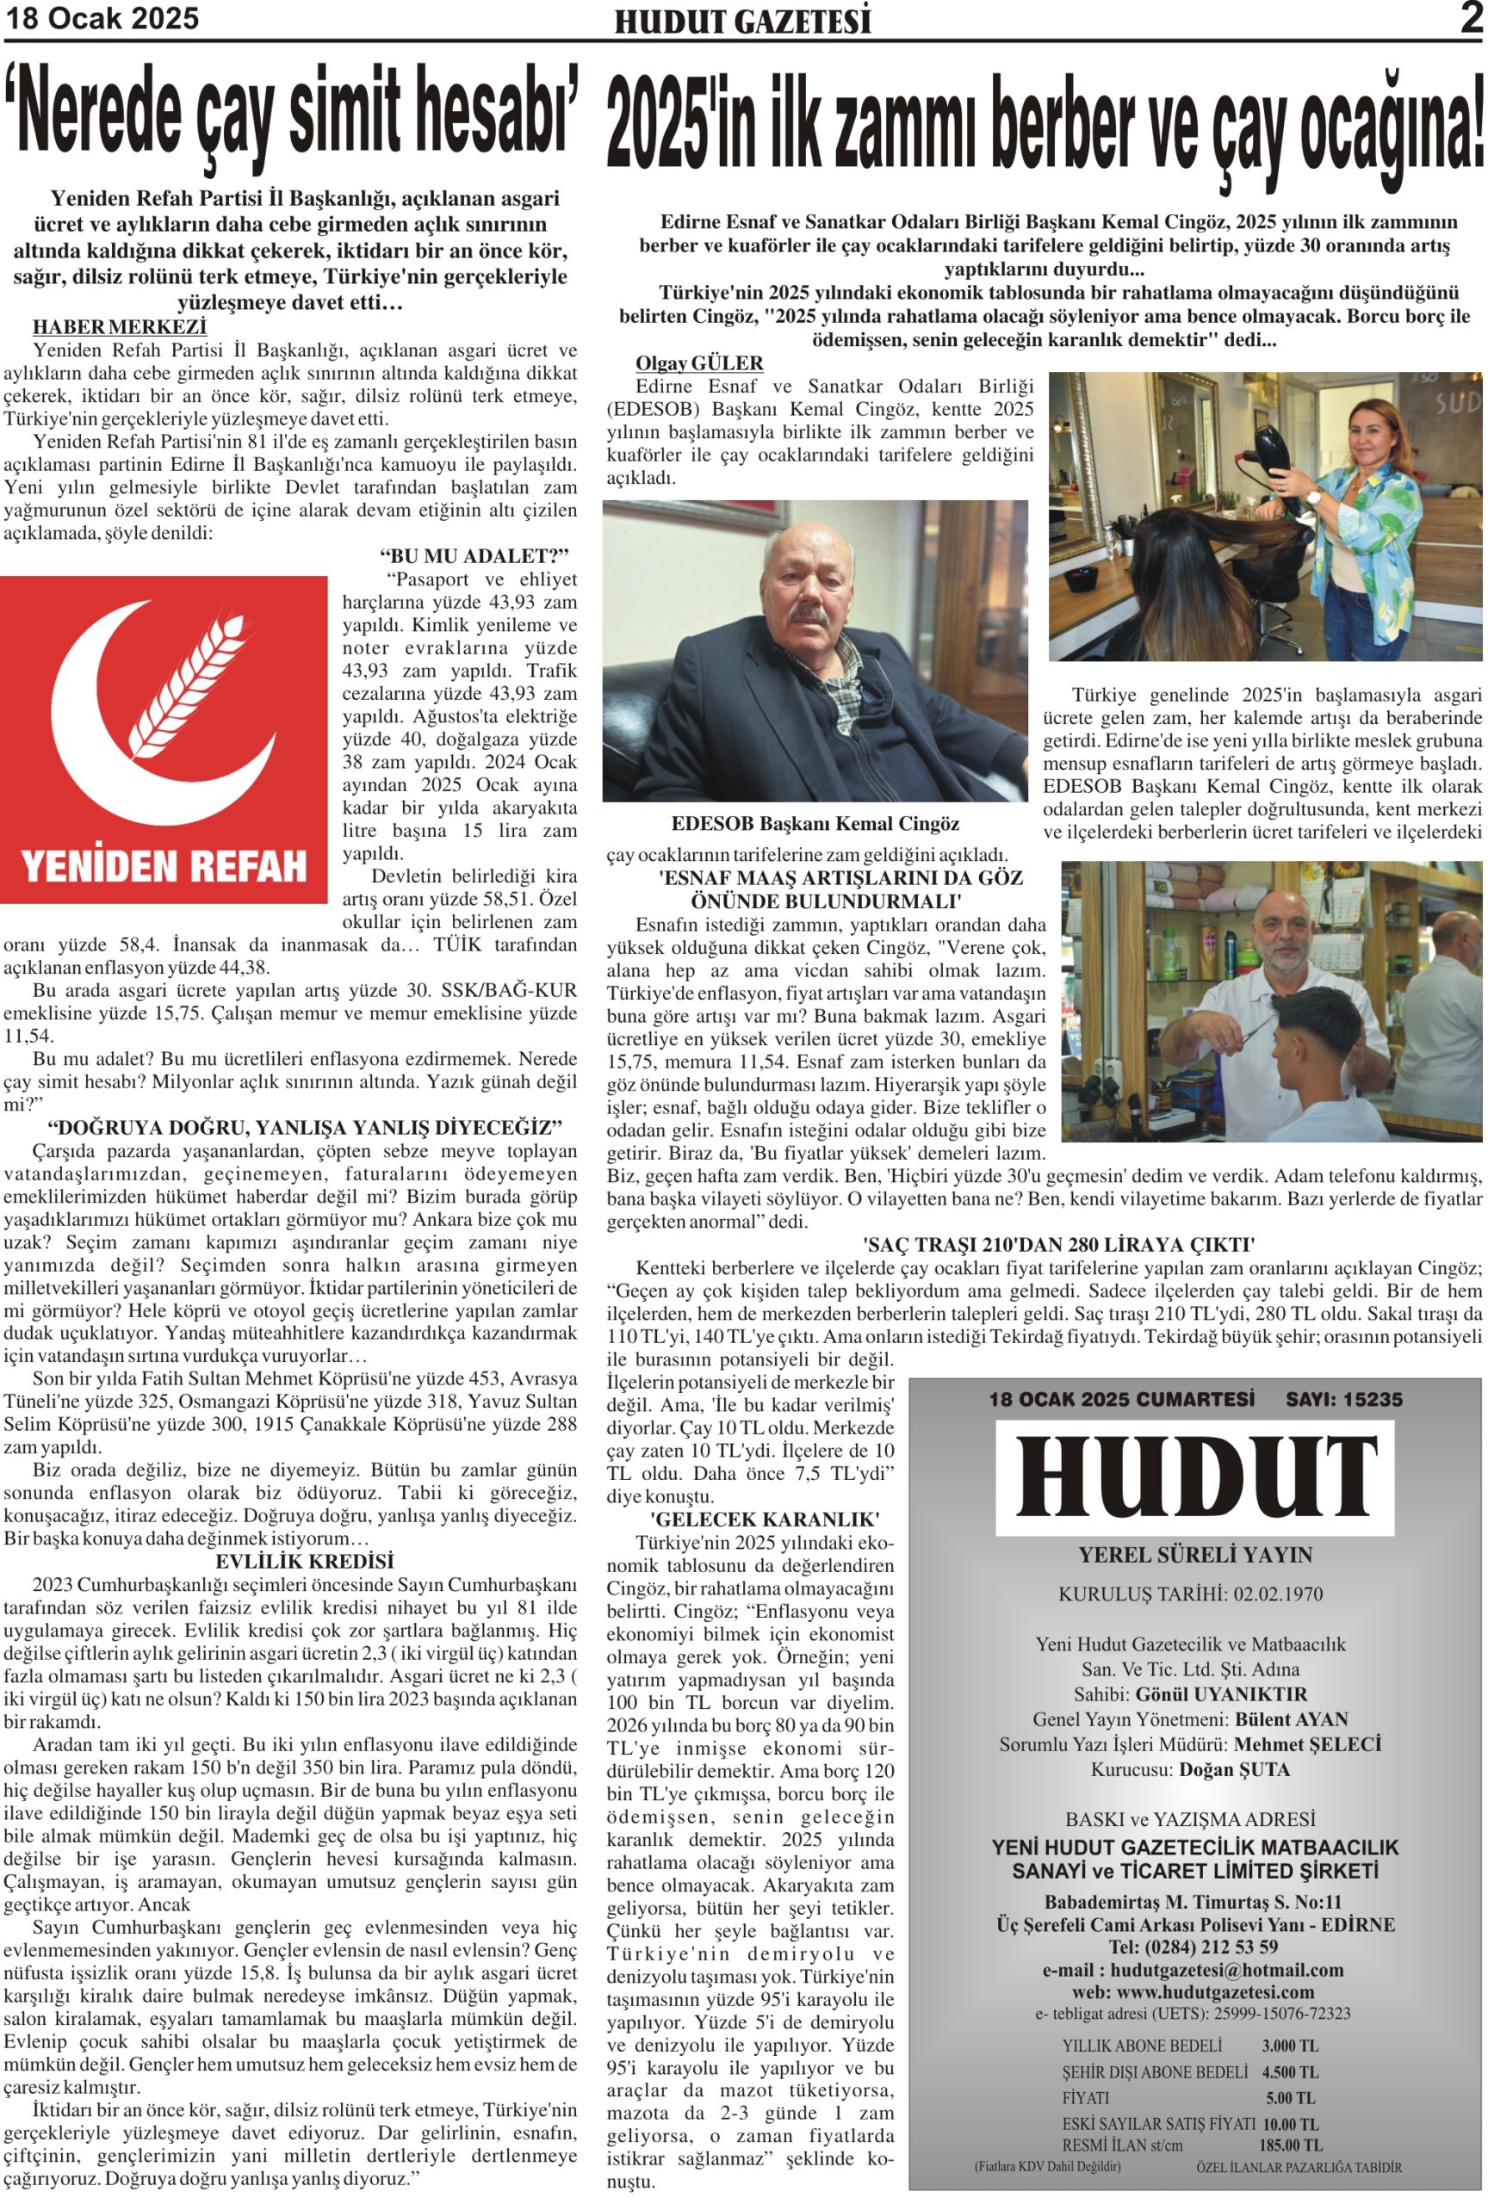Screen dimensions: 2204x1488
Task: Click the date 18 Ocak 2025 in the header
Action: [102, 18]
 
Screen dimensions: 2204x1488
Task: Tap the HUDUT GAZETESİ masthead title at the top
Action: [741, 21]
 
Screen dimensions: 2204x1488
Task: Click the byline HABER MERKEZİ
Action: [120, 327]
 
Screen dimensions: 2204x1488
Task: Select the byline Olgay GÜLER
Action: [699, 363]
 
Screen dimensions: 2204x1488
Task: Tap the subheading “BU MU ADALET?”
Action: [474, 556]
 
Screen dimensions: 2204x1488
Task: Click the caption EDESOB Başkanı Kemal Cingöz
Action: [815, 823]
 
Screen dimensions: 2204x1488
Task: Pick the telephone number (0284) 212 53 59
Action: [1220, 1947]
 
